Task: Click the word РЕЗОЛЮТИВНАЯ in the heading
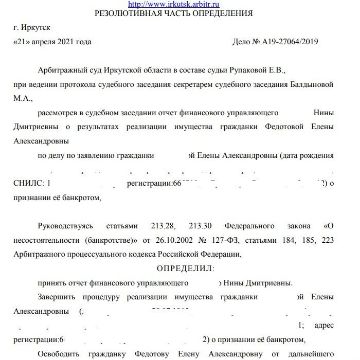127,17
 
